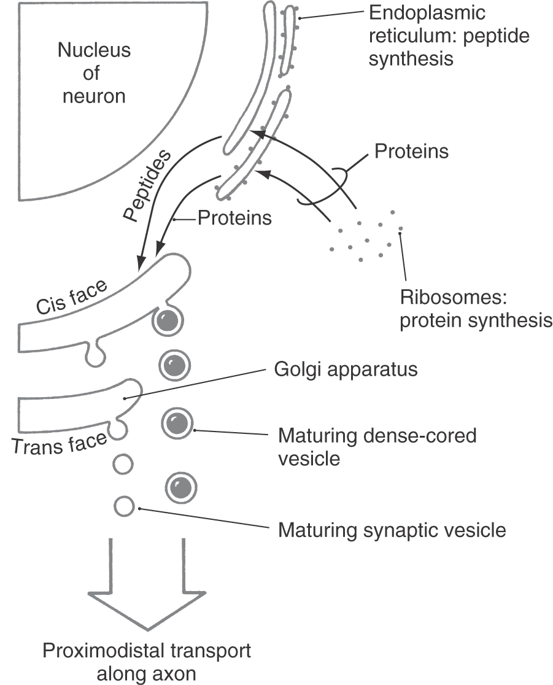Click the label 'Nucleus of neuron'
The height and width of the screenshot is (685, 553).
(x=94, y=73)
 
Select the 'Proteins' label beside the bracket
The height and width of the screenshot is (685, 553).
(x=411, y=151)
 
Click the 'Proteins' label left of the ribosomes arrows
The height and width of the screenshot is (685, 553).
(x=234, y=217)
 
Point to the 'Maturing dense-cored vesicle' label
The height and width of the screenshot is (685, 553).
(x=377, y=447)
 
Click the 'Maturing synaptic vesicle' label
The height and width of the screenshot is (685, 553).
(x=392, y=529)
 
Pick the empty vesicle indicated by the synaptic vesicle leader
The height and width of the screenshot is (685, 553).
(x=124, y=506)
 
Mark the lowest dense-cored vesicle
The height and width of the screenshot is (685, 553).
(x=181, y=487)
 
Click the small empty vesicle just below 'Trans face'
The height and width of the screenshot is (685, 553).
(x=124, y=465)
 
